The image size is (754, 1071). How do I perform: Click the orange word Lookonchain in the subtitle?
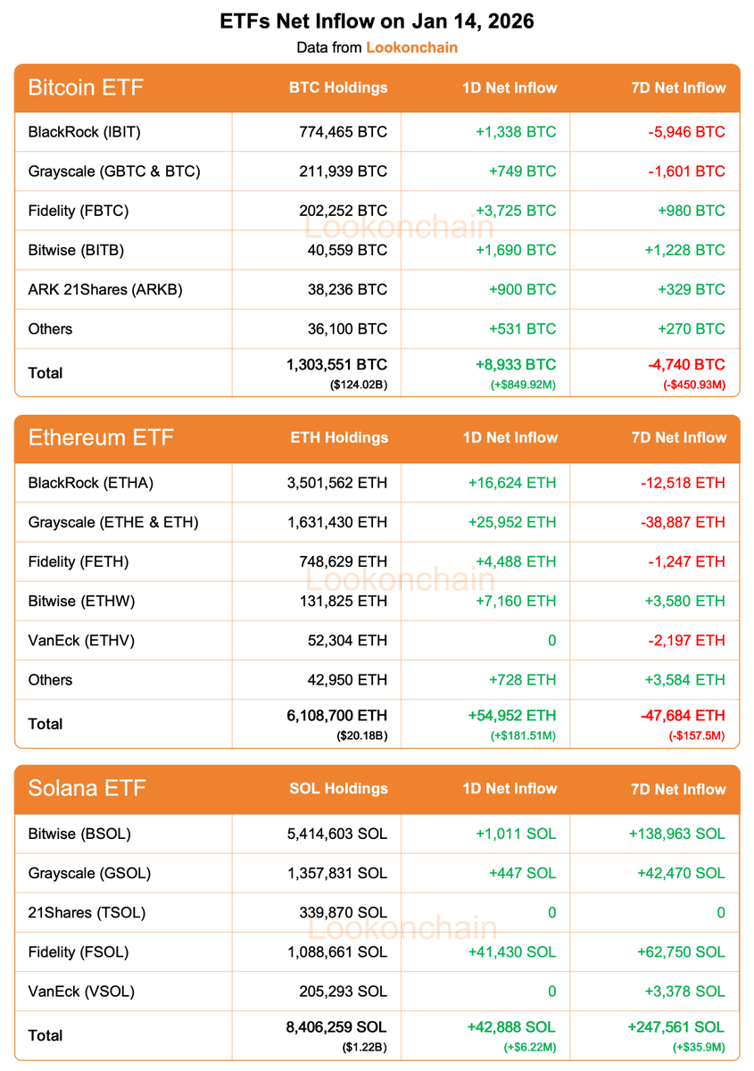pos(411,47)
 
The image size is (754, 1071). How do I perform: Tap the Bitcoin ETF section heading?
pos(86,87)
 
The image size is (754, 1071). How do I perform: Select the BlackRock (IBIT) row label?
pos(85,132)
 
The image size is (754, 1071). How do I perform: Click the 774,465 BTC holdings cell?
pos(344,132)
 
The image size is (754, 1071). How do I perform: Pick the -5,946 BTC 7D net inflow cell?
pos(686,132)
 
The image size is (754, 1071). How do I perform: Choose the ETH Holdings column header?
pos(339,438)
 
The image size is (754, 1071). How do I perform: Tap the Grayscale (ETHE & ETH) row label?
pos(113,522)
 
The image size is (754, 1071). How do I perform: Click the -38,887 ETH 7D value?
pos(683,522)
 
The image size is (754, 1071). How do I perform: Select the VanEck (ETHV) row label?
pos(81,640)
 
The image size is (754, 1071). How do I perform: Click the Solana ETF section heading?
pos(87,789)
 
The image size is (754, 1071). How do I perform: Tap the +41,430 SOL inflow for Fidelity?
pos(511,952)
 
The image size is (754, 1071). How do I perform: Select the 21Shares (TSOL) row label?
pos(87,913)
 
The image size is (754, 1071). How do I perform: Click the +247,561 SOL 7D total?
pos(677,1027)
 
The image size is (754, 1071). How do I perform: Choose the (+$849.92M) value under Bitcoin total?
pos(521,385)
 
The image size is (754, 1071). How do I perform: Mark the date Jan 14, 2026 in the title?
pos(473,21)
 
